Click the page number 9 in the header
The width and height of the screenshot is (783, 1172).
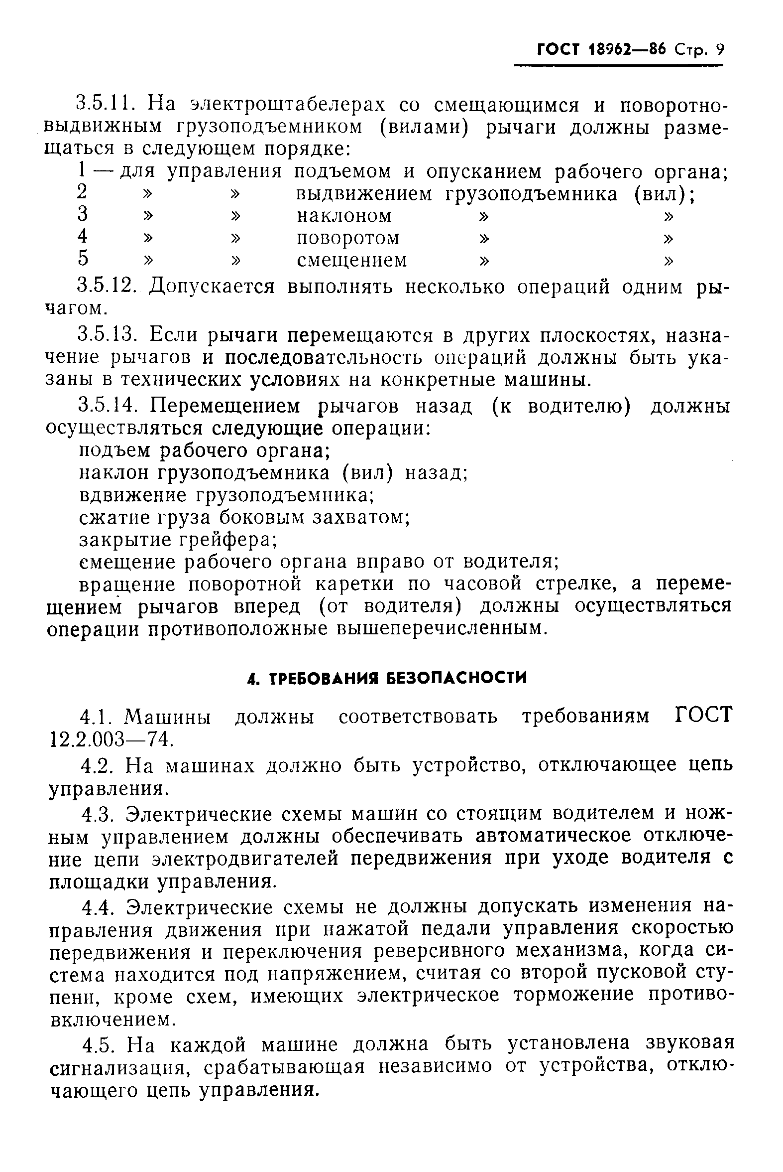(x=719, y=50)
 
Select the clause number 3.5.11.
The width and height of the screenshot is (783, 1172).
(x=106, y=105)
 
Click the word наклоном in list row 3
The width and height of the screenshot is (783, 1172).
(x=344, y=216)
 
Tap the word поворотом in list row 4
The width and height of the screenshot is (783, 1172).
(x=348, y=238)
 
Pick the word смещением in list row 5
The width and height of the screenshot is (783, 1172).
(x=351, y=261)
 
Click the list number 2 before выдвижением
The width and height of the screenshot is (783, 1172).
(x=83, y=192)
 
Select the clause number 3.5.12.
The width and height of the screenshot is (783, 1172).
(x=107, y=287)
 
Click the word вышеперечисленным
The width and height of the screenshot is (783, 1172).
(x=439, y=629)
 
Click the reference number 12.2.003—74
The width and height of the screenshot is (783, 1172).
(x=109, y=739)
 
